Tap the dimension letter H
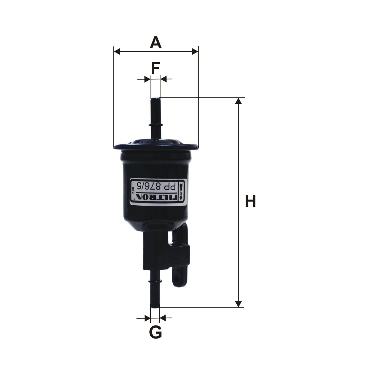pos(250,201)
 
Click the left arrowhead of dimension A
pos(117,51)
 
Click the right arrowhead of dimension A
pos(195,51)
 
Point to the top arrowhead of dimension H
pos(239,101)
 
